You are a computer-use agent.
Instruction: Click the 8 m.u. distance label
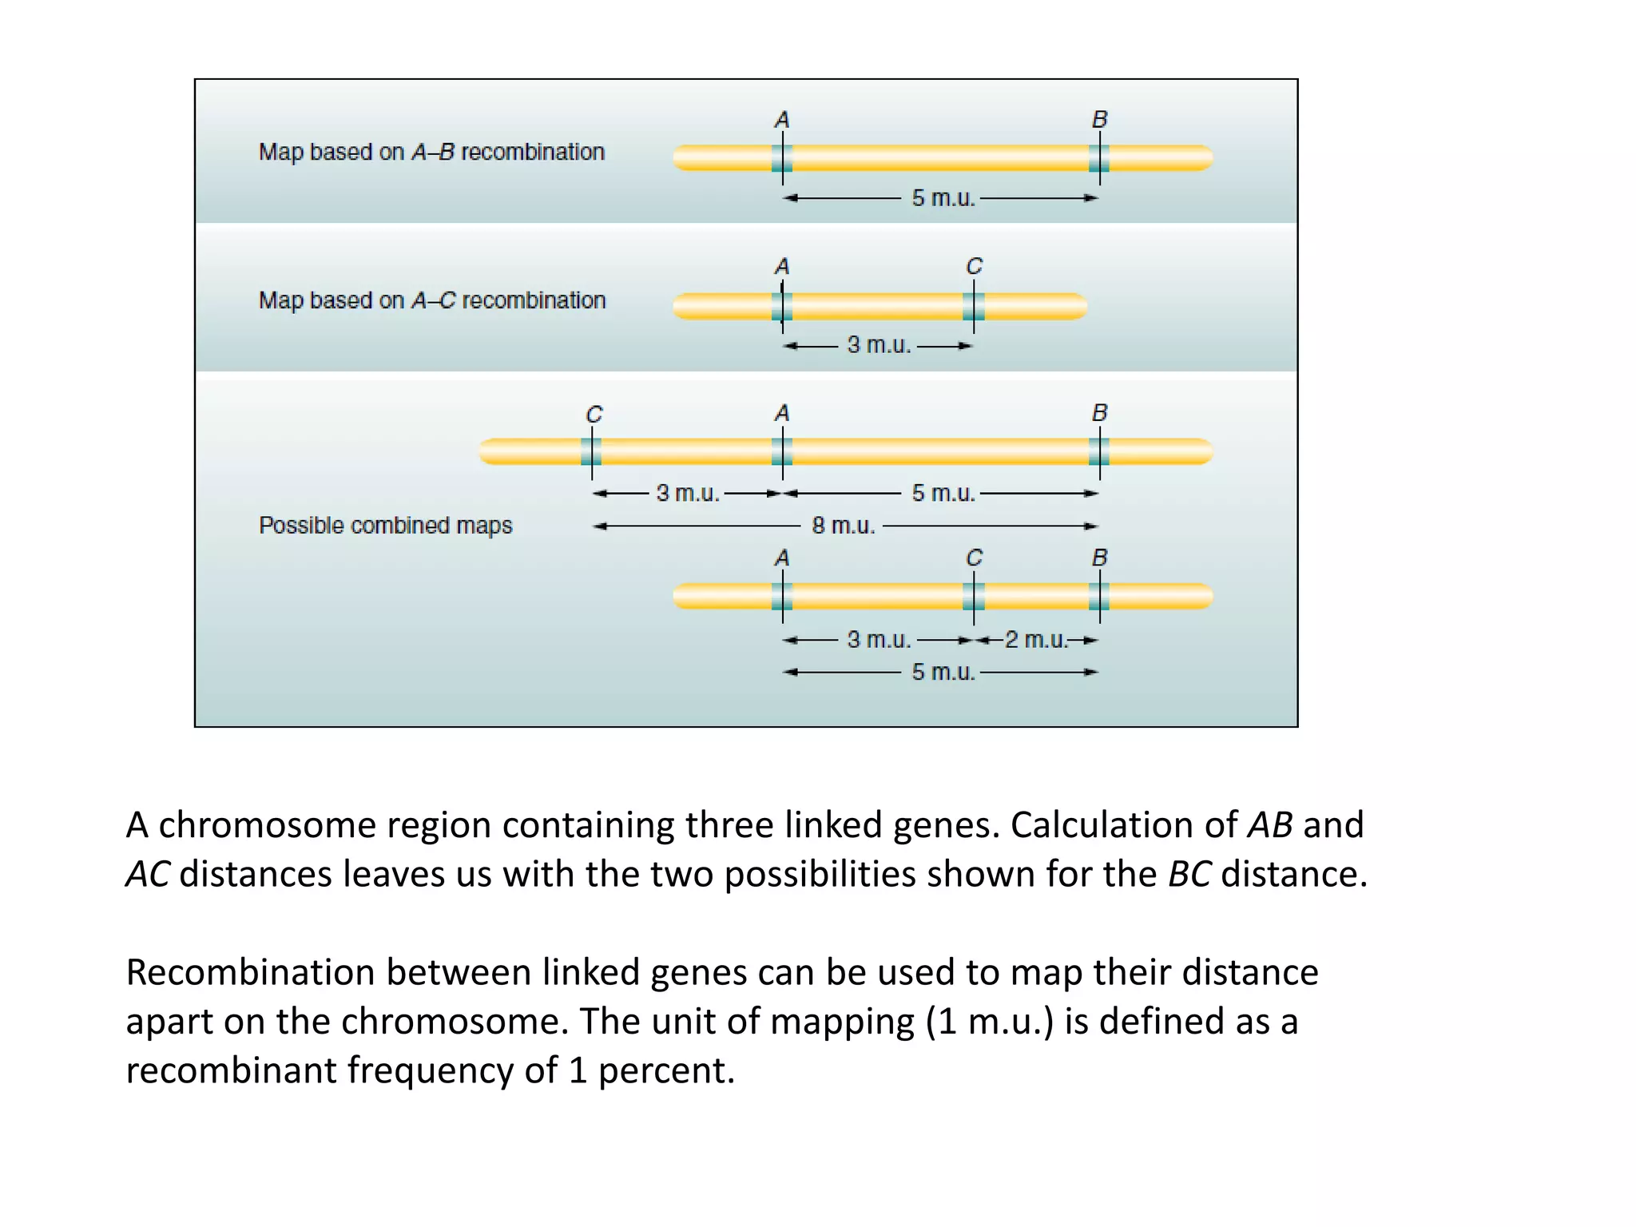[x=844, y=526]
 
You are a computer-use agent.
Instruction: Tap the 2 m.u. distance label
[x=1036, y=640]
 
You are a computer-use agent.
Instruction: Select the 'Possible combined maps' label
[x=385, y=526]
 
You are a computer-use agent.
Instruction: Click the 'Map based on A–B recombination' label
[x=431, y=152]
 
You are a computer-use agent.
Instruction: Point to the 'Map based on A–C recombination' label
[x=432, y=300]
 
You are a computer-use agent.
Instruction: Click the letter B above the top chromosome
[x=1099, y=120]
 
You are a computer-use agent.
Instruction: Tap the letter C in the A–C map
[x=974, y=267]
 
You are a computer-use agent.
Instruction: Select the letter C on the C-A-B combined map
[x=594, y=415]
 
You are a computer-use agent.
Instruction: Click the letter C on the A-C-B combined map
[x=974, y=558]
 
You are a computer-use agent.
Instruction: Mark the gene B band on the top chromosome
[x=1099, y=158]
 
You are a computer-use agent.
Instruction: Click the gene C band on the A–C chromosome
[x=973, y=306]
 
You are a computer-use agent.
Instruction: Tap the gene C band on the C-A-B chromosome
[x=591, y=451]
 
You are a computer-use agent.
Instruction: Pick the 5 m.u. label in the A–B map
[x=943, y=198]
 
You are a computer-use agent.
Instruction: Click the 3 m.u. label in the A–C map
[x=879, y=345]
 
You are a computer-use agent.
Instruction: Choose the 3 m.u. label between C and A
[x=688, y=493]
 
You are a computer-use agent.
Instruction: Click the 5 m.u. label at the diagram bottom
[x=943, y=672]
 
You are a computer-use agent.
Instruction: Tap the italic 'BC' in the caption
[x=1189, y=874]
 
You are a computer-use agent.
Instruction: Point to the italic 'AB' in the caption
[x=1269, y=825]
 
